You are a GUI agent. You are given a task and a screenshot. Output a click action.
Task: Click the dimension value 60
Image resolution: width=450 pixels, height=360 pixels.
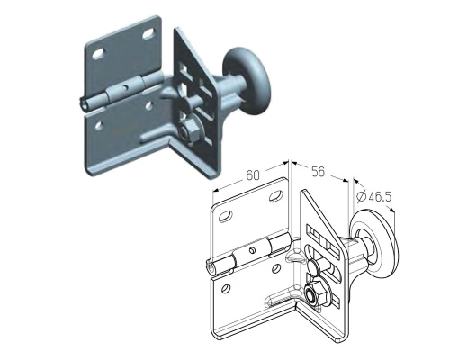point(253,175)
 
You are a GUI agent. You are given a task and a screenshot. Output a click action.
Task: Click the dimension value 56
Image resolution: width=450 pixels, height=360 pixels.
point(319,172)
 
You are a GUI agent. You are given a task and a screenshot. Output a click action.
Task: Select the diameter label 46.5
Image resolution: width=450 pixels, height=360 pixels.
point(380,197)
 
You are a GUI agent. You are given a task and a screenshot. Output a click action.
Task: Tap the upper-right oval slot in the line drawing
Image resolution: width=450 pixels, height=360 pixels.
point(275,196)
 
